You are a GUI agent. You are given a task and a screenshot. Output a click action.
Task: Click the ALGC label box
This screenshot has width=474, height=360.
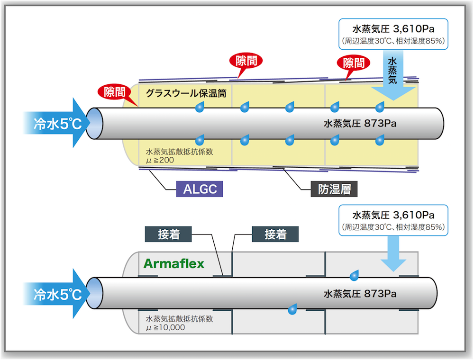tap(200, 189)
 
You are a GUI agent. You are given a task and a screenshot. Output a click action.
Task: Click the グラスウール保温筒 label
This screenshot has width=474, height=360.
tap(186, 93)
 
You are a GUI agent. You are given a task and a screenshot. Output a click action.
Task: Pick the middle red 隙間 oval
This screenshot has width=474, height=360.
tap(246, 61)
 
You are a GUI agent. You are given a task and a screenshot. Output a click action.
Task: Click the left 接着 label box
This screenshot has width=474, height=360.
tap(168, 234)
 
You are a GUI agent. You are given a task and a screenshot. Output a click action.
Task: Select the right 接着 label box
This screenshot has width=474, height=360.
tap(275, 234)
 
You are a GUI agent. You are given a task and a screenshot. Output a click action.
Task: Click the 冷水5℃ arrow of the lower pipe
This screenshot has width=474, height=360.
tap(55, 294)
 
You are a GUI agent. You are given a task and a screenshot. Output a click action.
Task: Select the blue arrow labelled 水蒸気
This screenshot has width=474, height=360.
tap(393, 78)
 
